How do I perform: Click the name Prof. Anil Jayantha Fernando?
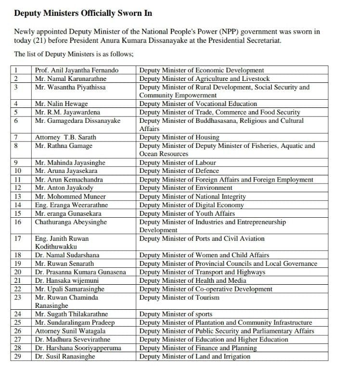pyautogui.click(x=77, y=70)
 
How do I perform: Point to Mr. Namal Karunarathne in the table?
pyautogui.click(x=71, y=79)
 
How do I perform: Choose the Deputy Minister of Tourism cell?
pyautogui.click(x=179, y=298)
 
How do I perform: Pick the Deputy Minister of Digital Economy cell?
pyautogui.click(x=192, y=205)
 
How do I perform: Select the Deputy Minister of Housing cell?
pyautogui.click(x=179, y=137)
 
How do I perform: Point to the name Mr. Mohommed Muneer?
pyautogui.click(x=67, y=197)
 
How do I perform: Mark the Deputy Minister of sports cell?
pyautogui.click(x=176, y=315)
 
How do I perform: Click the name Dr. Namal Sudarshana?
pyautogui.click(x=67, y=255)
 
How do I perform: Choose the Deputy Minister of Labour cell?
pyautogui.click(x=178, y=163)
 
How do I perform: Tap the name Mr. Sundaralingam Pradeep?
pyautogui.click(x=75, y=323)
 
